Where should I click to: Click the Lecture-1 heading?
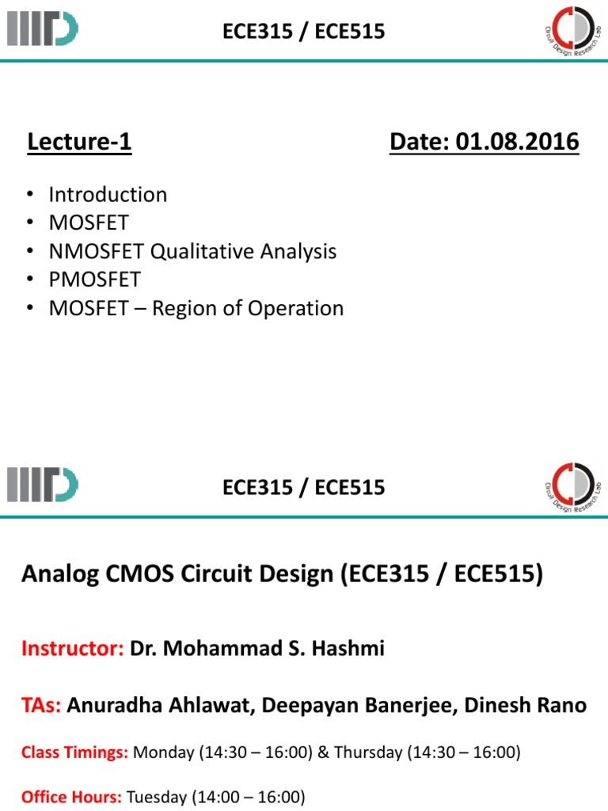79,143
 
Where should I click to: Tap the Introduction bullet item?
108,195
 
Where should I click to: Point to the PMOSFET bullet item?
95,280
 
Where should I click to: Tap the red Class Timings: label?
74,752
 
